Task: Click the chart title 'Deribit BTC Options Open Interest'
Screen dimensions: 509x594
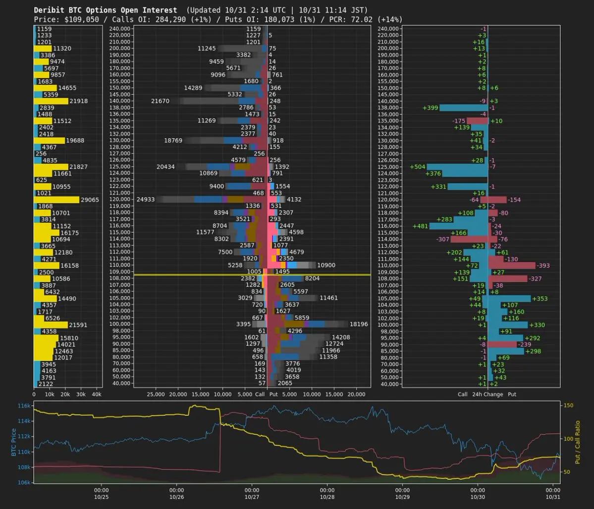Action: (x=105, y=10)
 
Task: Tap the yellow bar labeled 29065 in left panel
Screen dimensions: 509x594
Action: (x=56, y=200)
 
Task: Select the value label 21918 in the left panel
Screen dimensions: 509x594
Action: (x=78, y=101)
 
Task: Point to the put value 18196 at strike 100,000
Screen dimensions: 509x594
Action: (x=359, y=324)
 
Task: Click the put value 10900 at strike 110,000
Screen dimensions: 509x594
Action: (x=326, y=265)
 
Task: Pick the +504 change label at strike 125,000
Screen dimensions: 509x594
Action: (x=418, y=167)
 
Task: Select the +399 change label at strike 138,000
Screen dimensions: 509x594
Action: (x=430, y=107)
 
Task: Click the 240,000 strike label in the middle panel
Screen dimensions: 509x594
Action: (x=120, y=29)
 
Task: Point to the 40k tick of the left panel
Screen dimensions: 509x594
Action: (x=97, y=395)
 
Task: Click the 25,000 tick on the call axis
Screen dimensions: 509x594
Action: (x=156, y=395)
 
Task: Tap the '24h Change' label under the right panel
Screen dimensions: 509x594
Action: (x=487, y=395)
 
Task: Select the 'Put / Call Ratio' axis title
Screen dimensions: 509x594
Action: (x=577, y=442)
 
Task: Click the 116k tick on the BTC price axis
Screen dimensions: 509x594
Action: (x=24, y=406)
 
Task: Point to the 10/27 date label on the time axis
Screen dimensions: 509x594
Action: (x=252, y=496)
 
